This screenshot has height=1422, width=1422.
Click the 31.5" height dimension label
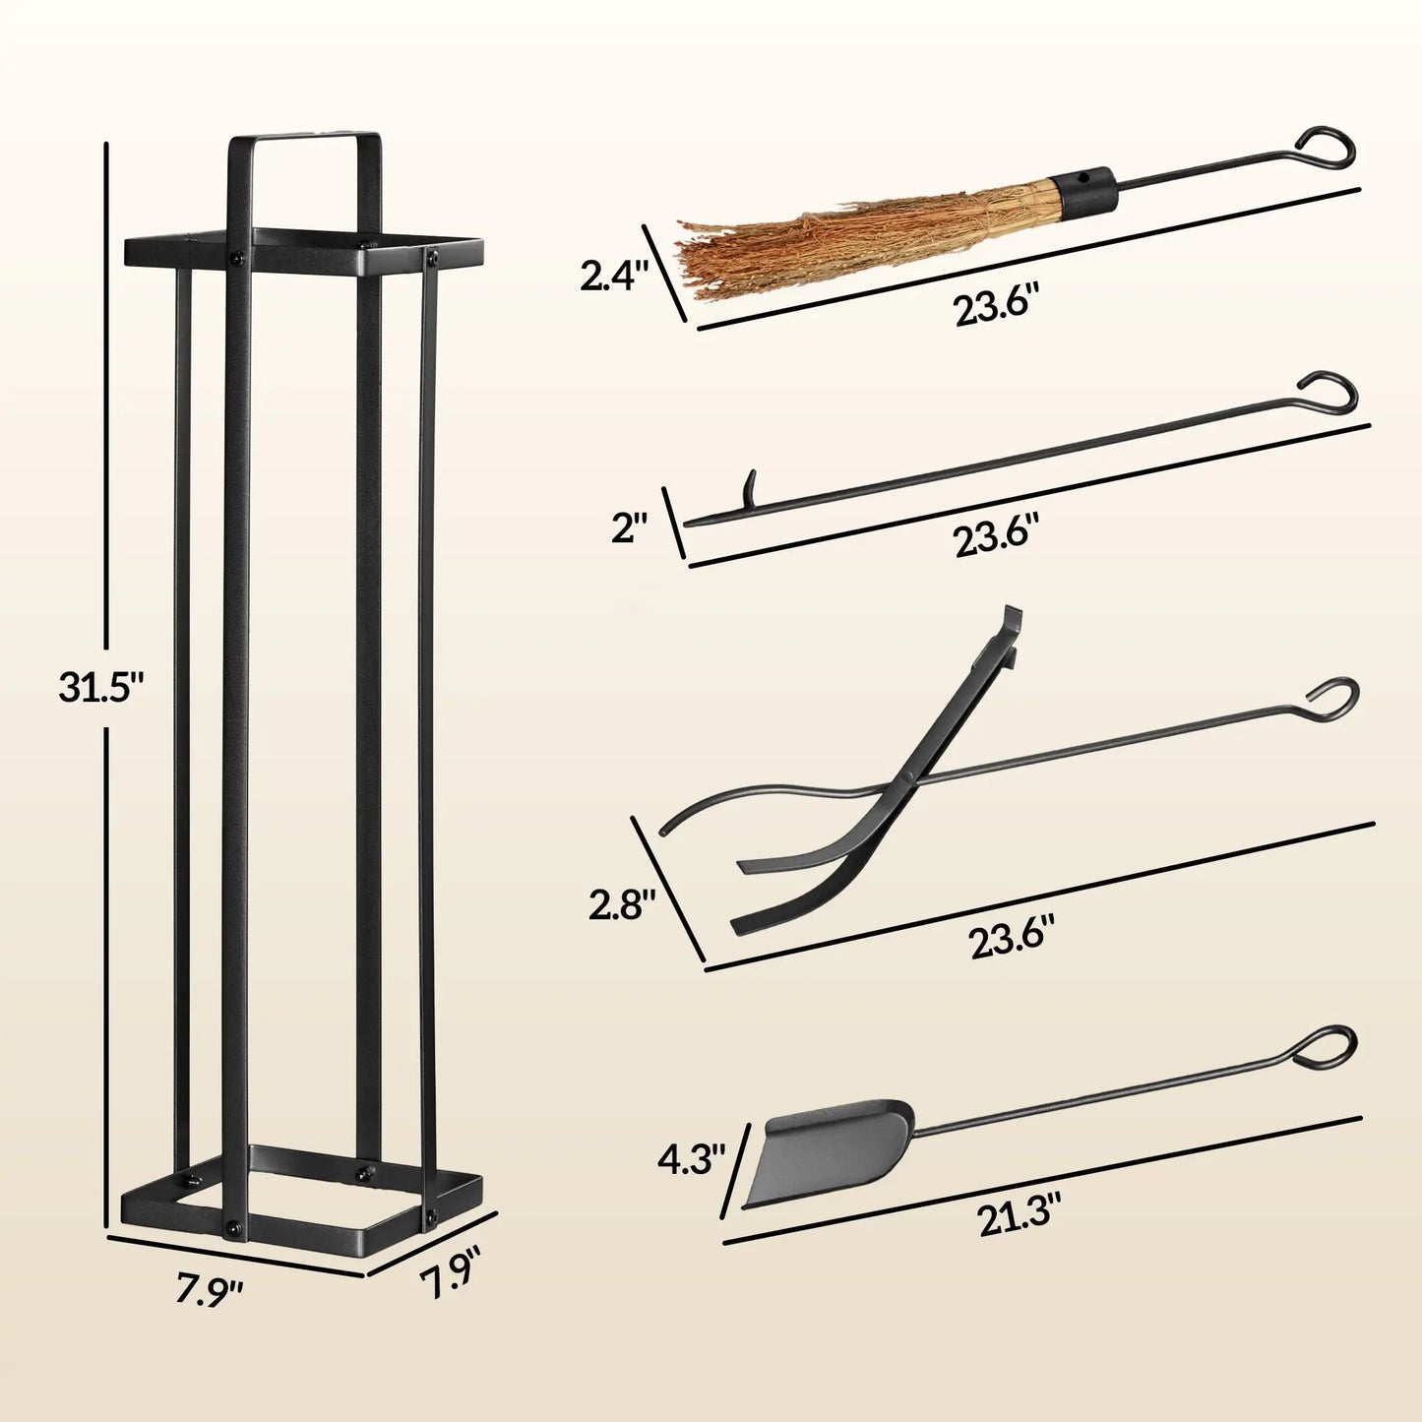tap(100, 687)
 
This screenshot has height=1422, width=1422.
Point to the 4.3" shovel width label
tap(692, 1159)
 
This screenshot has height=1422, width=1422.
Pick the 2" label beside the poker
tap(631, 529)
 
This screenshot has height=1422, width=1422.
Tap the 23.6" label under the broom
tap(996, 306)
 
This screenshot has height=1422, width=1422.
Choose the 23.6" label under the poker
tap(996, 537)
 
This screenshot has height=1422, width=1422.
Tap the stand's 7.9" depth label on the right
tap(452, 1280)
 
